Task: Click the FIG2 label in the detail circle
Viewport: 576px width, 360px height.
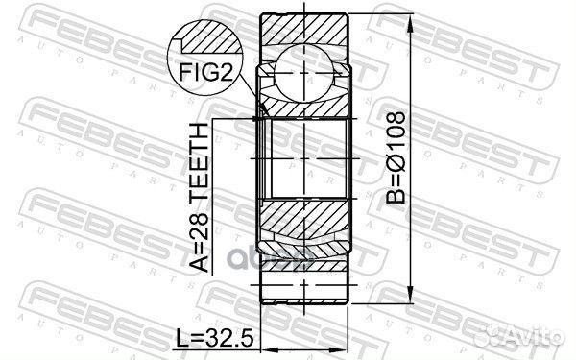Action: point(206,72)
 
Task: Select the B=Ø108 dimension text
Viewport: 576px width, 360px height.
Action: point(396,158)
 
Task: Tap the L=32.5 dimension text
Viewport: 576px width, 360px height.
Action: point(214,338)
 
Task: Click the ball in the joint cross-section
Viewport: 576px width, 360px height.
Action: point(304,73)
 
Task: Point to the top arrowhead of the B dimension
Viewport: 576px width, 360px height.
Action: point(411,21)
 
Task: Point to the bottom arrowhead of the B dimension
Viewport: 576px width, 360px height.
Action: point(411,296)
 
